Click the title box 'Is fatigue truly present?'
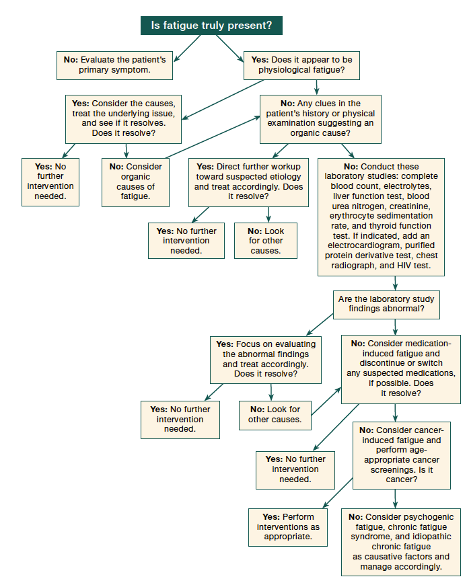(x=211, y=26)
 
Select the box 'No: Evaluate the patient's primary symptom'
(x=114, y=65)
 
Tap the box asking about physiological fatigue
(x=301, y=65)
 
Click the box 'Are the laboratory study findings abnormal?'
(x=386, y=304)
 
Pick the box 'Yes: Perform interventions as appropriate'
(x=287, y=527)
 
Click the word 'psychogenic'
(x=425, y=516)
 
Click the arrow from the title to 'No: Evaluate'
(x=185, y=46)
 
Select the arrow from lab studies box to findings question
(x=395, y=283)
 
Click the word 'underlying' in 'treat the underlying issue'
(x=131, y=114)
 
